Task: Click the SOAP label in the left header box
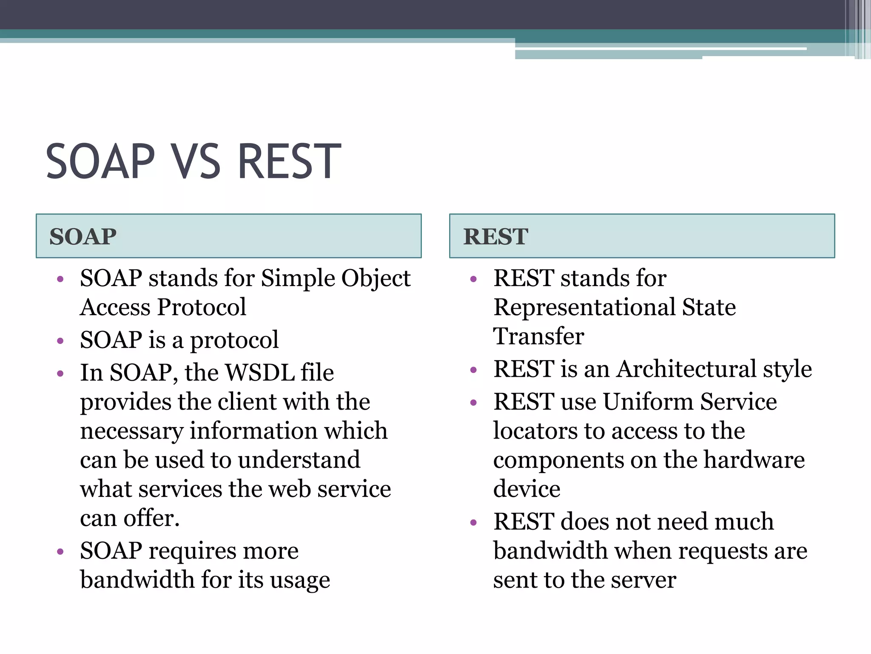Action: click(83, 237)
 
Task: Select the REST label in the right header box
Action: click(495, 237)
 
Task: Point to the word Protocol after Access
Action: click(202, 307)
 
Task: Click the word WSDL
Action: click(260, 373)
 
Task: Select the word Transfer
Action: click(538, 336)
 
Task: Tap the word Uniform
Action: click(648, 402)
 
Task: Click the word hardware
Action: click(754, 460)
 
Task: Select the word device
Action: click(527, 489)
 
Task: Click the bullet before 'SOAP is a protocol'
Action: click(60, 341)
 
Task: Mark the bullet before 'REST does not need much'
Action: click(474, 522)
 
